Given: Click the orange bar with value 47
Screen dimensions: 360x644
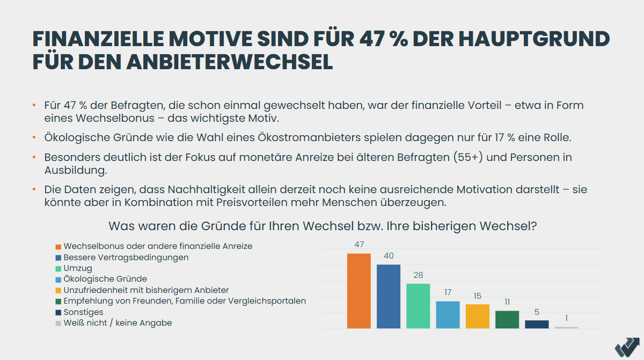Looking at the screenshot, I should (358, 291).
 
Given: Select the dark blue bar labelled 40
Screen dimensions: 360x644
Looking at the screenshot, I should (388, 296).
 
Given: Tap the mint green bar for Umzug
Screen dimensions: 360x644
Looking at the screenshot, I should (418, 306).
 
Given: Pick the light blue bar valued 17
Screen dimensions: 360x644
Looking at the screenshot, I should (448, 314).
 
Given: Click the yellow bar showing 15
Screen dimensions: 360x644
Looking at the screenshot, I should (477, 316).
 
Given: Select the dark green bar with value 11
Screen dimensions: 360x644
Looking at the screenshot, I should (507, 319).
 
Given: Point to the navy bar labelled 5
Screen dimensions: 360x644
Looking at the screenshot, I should (537, 324).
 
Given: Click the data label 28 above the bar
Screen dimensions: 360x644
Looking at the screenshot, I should (418, 275).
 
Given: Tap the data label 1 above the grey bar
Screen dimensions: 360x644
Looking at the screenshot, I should (566, 318).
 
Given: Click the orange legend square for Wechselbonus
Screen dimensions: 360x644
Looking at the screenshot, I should (58, 246).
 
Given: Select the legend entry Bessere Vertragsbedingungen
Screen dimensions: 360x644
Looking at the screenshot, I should (126, 257).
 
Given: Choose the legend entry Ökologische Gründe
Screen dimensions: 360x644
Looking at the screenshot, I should (105, 279).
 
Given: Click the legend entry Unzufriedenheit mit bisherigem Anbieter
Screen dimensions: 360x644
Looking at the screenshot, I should (146, 290).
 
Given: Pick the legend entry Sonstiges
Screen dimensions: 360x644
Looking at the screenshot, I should (83, 312).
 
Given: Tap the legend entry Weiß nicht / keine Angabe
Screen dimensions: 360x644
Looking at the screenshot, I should (118, 323).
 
